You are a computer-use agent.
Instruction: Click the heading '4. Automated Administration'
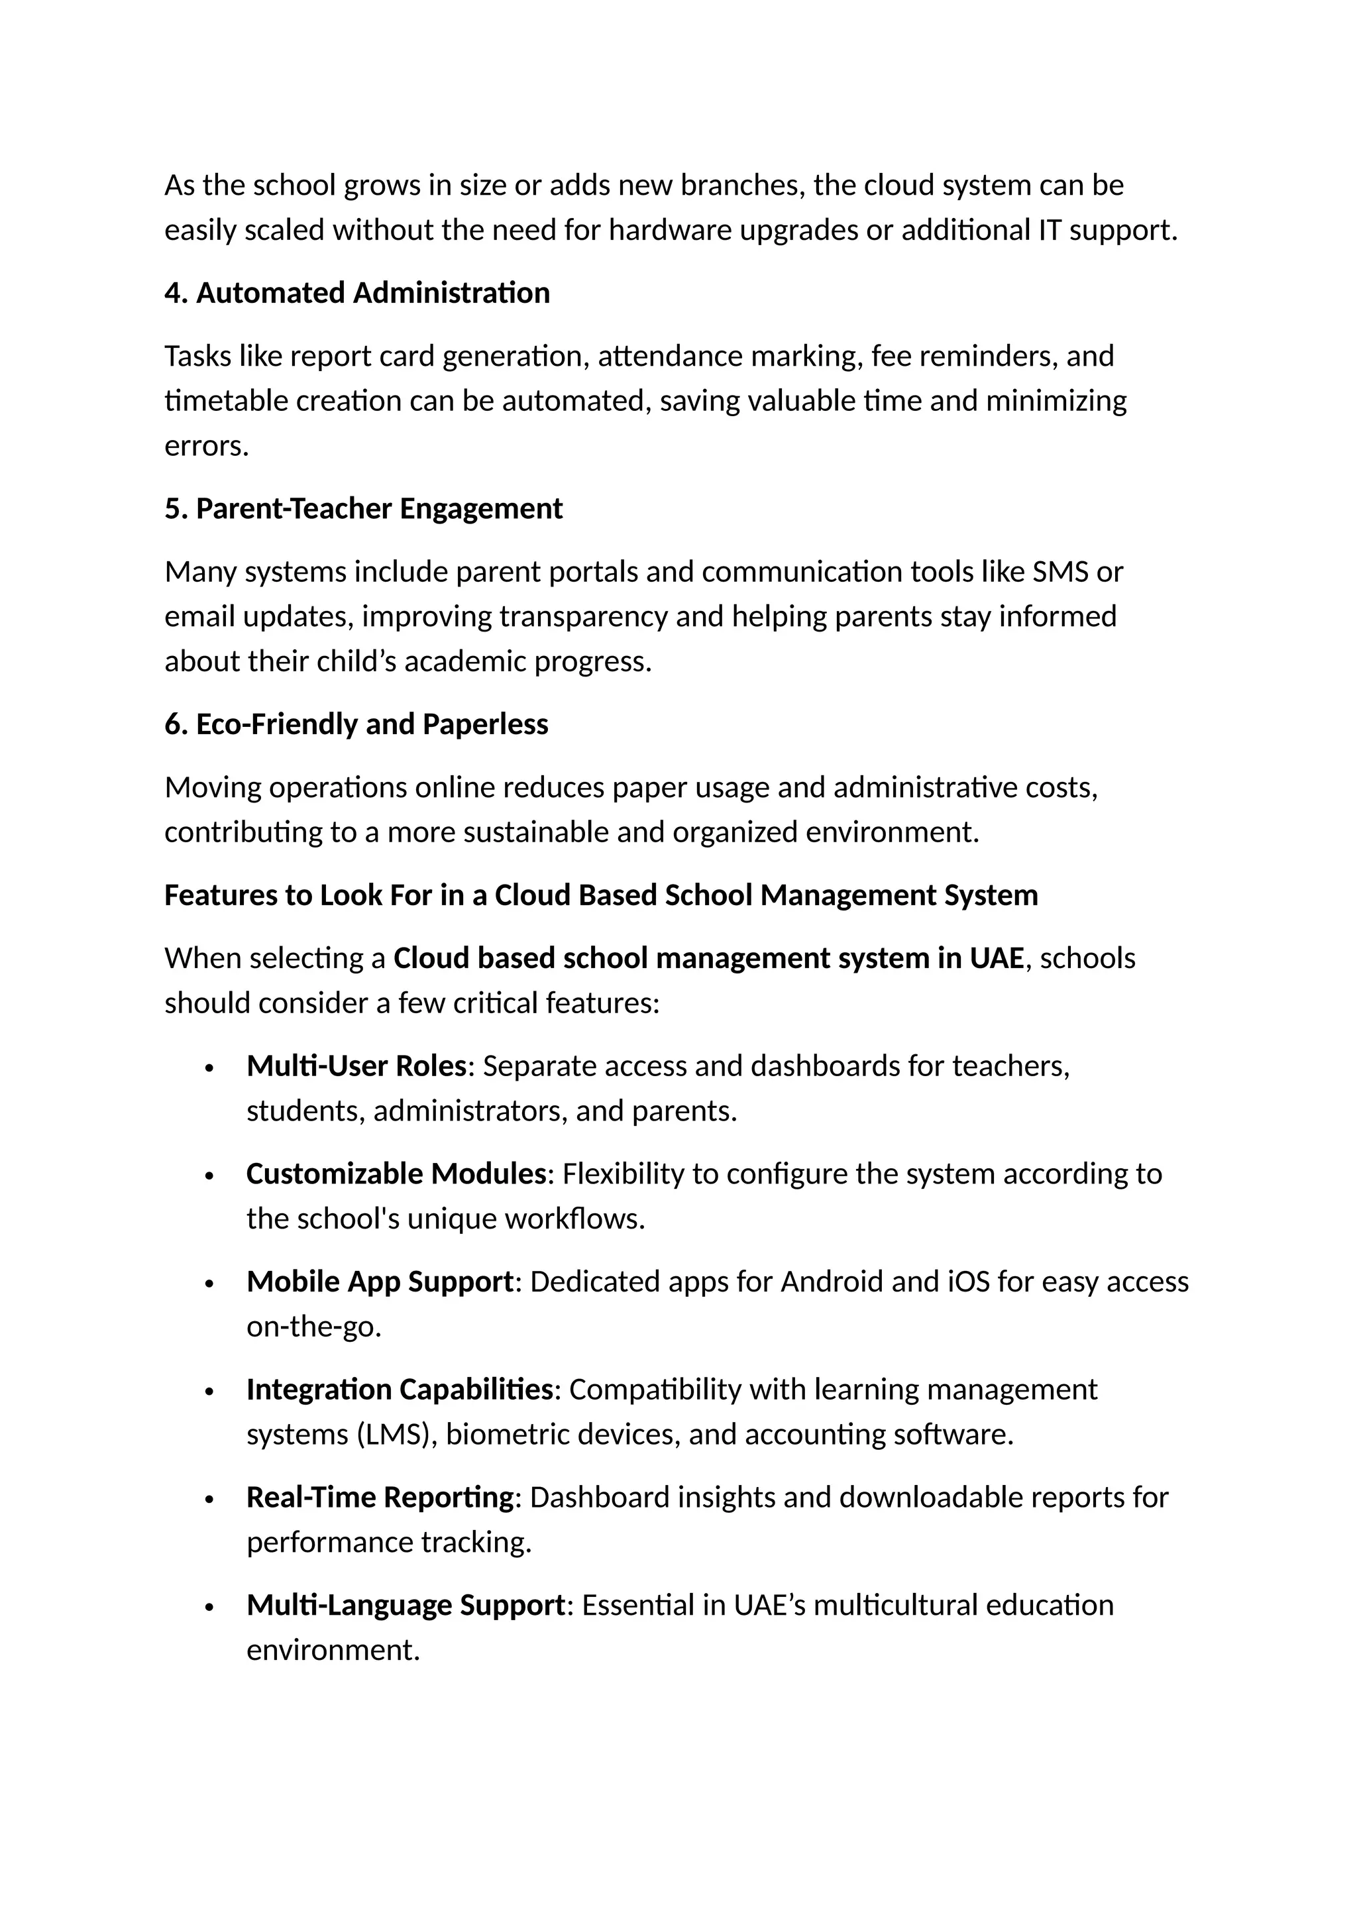click(x=356, y=294)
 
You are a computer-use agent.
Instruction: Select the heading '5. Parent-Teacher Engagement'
click(x=364, y=509)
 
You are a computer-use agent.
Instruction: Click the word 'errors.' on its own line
click(x=206, y=447)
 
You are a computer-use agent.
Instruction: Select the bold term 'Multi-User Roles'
click(x=356, y=1066)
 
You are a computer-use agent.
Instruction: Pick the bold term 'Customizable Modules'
click(x=396, y=1174)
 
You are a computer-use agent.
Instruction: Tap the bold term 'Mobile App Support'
click(x=380, y=1282)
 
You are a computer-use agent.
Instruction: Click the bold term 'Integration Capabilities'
click(x=400, y=1390)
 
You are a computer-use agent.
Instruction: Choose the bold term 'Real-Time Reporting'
click(x=380, y=1498)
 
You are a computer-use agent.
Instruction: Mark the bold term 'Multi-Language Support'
click(x=406, y=1606)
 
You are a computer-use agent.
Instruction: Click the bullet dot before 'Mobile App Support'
click(x=210, y=1284)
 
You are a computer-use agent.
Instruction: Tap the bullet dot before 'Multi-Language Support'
click(x=210, y=1608)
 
